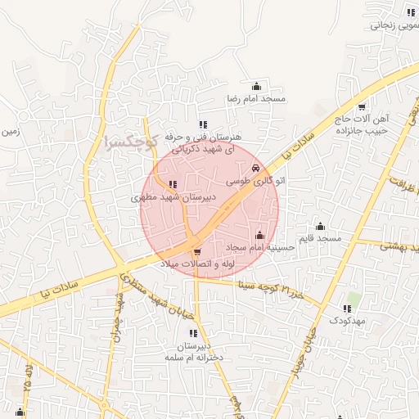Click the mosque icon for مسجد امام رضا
(256, 86)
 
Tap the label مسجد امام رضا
(256, 99)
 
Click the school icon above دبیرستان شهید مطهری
(172, 185)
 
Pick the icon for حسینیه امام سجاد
(260, 236)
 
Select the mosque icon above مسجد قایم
(320, 226)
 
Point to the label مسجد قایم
(320, 238)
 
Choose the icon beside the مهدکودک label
(347, 309)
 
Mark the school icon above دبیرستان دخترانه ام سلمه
(193, 333)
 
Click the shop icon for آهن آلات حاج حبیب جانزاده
(361, 107)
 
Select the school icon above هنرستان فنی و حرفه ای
(203, 124)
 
